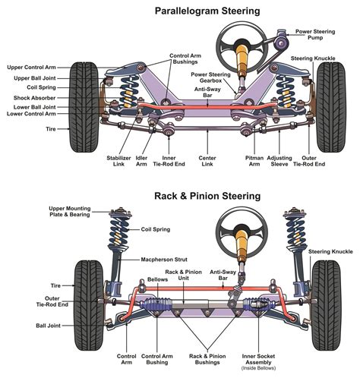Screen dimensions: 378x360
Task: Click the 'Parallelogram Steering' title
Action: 207,11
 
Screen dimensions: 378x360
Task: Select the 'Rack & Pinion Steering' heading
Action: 207,196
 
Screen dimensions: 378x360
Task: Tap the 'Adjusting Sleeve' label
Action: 284,162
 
